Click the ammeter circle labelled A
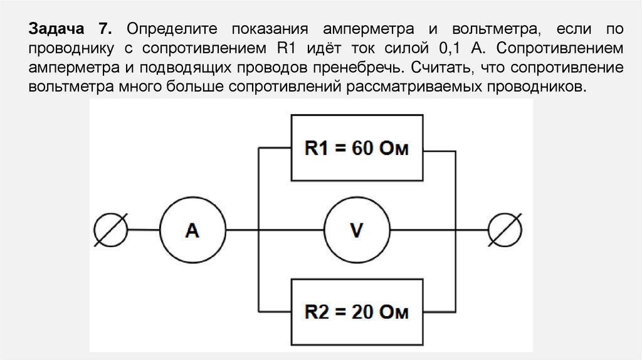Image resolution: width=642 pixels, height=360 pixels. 192,231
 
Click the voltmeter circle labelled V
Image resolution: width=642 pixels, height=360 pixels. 356,231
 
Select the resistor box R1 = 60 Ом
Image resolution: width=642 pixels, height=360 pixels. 355,149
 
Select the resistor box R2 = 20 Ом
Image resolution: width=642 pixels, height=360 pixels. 355,312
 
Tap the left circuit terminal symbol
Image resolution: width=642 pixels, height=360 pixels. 111,230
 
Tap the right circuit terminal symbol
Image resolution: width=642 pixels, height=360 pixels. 505,230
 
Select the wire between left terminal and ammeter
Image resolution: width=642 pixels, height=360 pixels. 145,230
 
